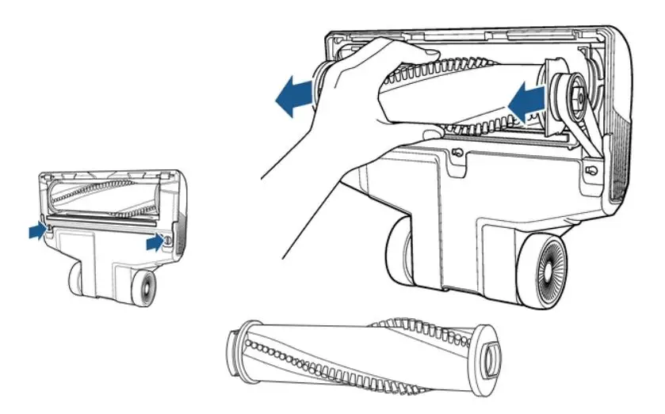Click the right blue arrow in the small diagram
click(155, 244)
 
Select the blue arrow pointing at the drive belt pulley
click(525, 99)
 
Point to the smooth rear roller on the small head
click(78, 279)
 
